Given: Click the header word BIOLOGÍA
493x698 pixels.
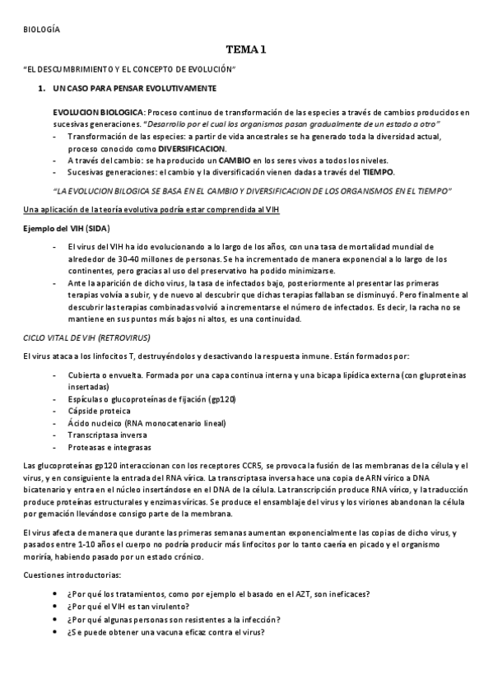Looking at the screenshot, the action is [x=41, y=30].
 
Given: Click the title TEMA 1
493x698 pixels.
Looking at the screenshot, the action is [x=246, y=49].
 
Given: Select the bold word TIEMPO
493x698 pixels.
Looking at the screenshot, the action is [x=378, y=172].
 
